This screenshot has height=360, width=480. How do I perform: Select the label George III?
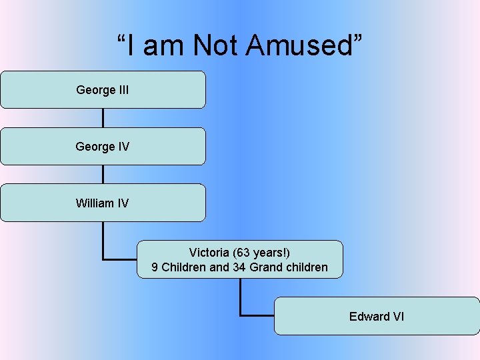point(103,89)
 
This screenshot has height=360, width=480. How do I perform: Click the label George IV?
point(103,146)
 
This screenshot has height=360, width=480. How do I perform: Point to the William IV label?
point(103,203)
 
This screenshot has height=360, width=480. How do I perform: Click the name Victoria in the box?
point(209,253)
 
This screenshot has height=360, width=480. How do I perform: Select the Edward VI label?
point(377,316)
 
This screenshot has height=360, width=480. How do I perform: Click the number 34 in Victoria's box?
point(239,267)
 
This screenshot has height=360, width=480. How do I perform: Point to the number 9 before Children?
point(155,267)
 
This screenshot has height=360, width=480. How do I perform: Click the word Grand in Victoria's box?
point(267,267)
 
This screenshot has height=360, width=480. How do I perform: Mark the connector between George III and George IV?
point(103,118)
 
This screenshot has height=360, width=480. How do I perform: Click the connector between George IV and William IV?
point(103,174)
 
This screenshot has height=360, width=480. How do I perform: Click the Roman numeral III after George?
point(123,89)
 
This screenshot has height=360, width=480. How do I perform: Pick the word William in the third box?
point(95,203)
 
